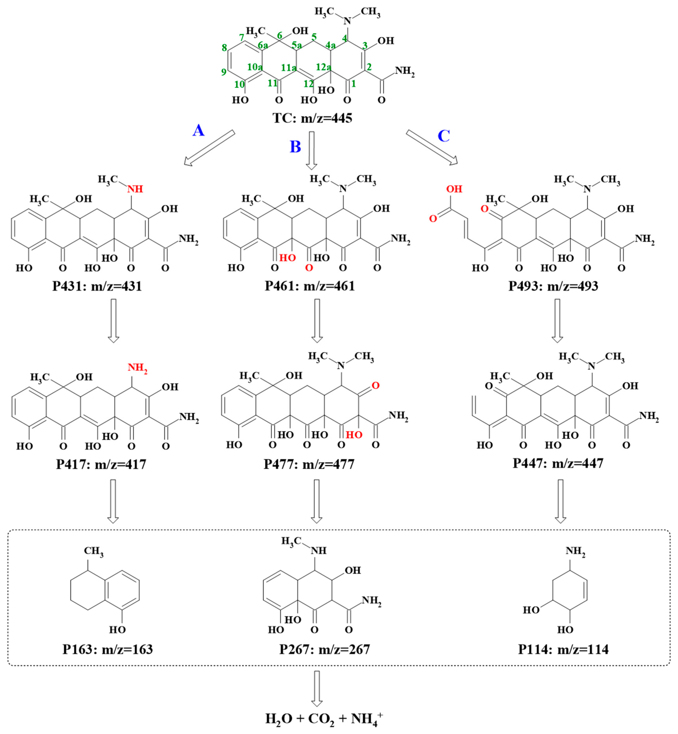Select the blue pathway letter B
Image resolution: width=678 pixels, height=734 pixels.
point(295,147)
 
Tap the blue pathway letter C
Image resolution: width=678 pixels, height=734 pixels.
point(444,136)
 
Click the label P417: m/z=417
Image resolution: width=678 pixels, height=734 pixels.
point(101,464)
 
